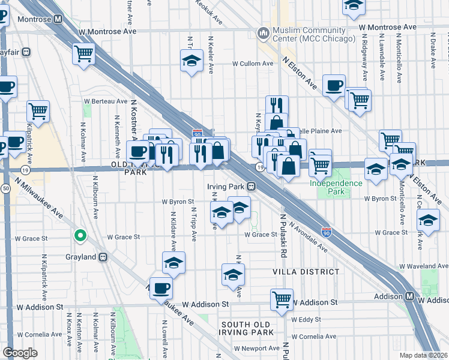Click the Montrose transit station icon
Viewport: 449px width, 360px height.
coord(58,19)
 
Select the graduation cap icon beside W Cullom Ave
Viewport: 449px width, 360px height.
coord(191,61)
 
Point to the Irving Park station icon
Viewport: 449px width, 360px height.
coord(252,187)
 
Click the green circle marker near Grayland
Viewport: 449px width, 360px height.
coord(79,236)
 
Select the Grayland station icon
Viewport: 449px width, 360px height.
coord(103,257)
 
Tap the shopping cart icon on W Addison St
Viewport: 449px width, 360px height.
coord(282,299)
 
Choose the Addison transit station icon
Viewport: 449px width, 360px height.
coord(409,296)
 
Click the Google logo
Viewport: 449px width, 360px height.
coord(20,353)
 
